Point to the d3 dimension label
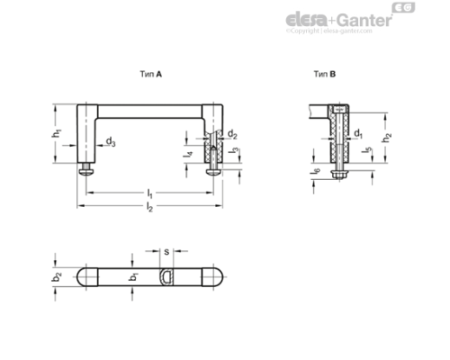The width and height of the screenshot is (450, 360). tap(109, 141)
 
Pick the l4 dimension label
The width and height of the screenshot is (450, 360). tap(187, 154)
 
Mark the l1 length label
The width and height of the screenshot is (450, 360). tap(149, 193)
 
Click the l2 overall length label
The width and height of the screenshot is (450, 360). tap(149, 209)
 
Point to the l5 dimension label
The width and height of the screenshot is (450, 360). tap(365, 153)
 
